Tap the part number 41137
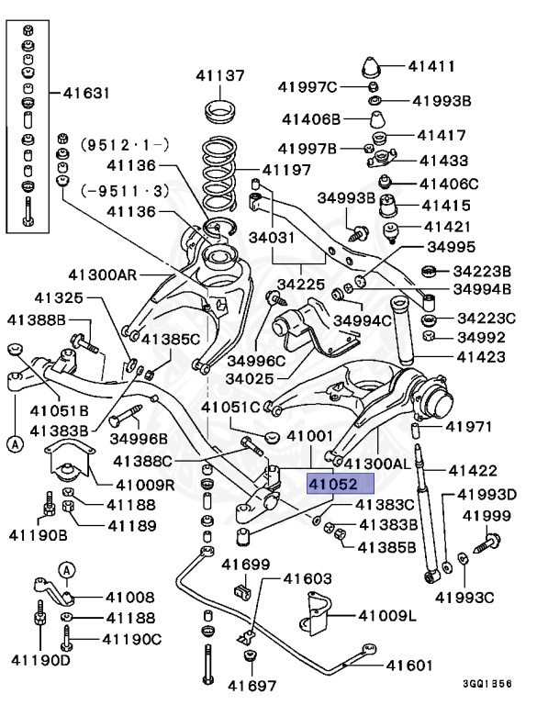(x=219, y=75)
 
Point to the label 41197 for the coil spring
(x=286, y=169)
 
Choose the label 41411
(x=431, y=66)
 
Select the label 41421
(x=446, y=226)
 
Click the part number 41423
(x=481, y=359)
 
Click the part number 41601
(x=408, y=666)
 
